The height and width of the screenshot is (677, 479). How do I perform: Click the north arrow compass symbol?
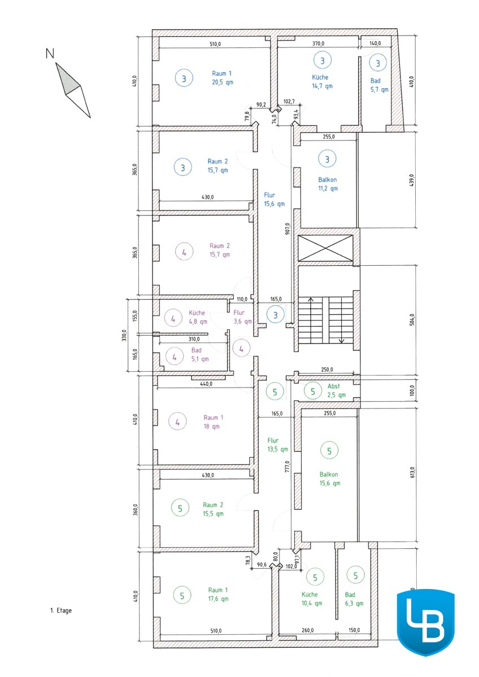pyautogui.click(x=73, y=90)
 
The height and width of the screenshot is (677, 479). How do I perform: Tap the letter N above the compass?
pyautogui.click(x=50, y=54)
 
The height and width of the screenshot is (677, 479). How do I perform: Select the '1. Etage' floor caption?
pyautogui.click(x=61, y=610)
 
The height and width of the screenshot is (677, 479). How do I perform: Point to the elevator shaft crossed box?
pyautogui.click(x=325, y=248)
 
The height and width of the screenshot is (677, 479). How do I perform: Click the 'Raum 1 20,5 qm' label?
pyautogui.click(x=223, y=78)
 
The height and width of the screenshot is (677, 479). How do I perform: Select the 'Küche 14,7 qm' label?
pyautogui.click(x=322, y=81)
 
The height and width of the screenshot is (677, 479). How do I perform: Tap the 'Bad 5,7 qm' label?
pyautogui.click(x=379, y=85)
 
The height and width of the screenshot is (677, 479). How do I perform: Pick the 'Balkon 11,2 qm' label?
pyautogui.click(x=328, y=184)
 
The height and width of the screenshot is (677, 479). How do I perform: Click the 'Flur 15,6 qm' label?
pyautogui.click(x=274, y=199)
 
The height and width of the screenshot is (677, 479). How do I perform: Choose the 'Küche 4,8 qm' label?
pyautogui.click(x=198, y=317)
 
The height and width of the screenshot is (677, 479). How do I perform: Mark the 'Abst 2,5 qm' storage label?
pyautogui.click(x=336, y=390)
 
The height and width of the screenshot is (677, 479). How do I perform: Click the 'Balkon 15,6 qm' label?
pyautogui.click(x=329, y=479)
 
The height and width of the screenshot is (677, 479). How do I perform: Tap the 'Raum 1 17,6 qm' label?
pyautogui.click(x=218, y=594)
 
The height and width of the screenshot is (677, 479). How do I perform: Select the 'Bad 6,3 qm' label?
pyautogui.click(x=354, y=599)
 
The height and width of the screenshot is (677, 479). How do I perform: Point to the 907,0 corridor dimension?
pyautogui.click(x=287, y=228)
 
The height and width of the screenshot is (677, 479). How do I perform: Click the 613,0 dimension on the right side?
pyautogui.click(x=413, y=472)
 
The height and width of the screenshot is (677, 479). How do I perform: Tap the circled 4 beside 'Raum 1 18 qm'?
pyautogui.click(x=177, y=421)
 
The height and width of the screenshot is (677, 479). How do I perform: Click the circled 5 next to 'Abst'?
pyautogui.click(x=313, y=392)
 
